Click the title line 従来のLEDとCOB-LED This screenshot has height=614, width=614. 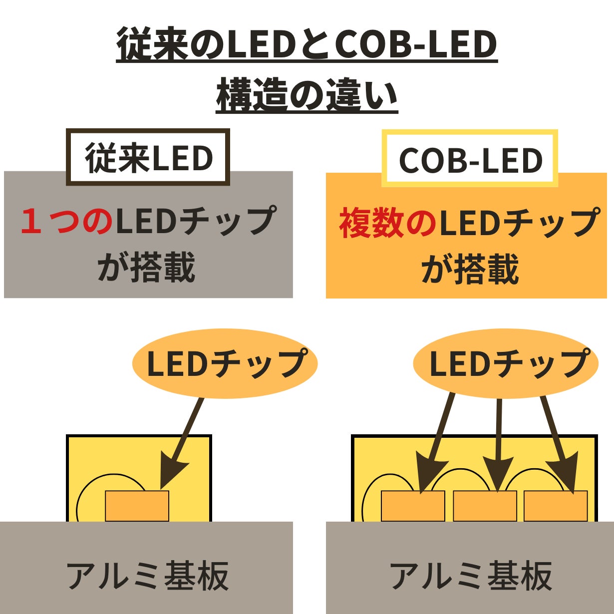[307, 45]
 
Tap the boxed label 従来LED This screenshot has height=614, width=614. [148, 158]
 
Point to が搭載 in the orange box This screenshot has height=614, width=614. [470, 270]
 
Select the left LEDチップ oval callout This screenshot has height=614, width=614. [225, 363]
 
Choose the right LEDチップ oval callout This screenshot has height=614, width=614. [506, 363]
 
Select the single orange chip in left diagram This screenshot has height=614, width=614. [137, 506]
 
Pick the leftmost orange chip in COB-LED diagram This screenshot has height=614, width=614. [413, 506]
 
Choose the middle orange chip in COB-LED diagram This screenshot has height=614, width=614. [485, 506]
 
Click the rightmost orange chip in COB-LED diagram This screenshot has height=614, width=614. [556, 506]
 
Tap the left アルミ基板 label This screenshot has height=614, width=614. [147, 575]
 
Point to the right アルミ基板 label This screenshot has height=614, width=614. [470, 575]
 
